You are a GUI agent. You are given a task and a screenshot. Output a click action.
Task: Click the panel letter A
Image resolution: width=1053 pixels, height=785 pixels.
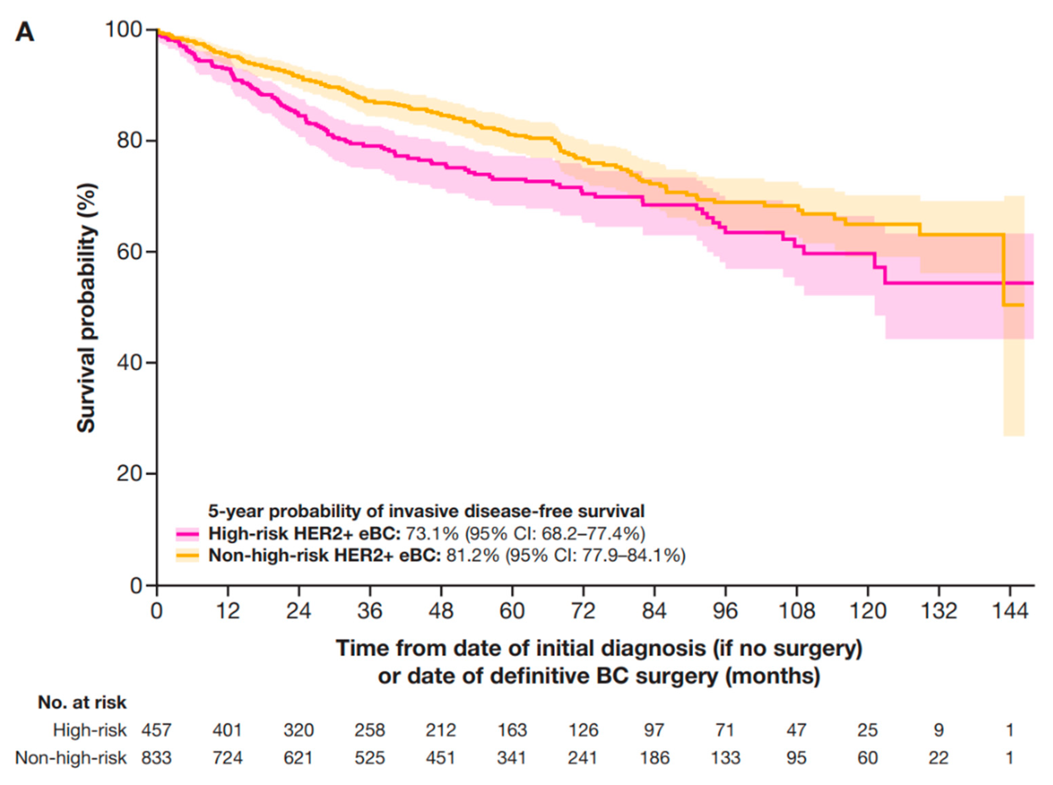(25, 33)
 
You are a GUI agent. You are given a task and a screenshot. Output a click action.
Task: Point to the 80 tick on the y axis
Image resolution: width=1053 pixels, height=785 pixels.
(151, 141)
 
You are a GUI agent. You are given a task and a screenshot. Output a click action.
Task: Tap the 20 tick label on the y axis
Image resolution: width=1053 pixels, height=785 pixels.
(129, 474)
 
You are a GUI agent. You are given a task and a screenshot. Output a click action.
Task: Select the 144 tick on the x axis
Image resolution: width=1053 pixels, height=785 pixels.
(1010, 590)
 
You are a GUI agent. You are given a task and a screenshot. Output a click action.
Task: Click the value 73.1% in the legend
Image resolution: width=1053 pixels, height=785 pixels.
(431, 534)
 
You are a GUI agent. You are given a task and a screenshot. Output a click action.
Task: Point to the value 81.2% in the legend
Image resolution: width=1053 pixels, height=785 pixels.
(472, 555)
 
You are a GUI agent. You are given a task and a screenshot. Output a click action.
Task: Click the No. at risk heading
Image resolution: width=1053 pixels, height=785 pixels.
(82, 702)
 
